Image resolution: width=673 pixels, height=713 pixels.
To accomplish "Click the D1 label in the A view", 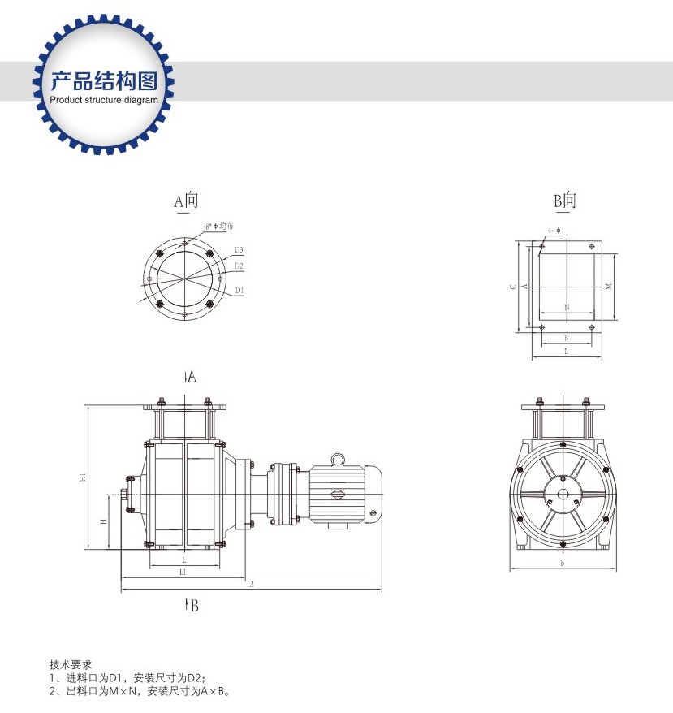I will tap(239, 290).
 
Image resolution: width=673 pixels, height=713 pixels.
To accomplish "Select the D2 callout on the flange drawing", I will tap(239, 266).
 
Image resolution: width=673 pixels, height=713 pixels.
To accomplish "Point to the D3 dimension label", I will tap(239, 249).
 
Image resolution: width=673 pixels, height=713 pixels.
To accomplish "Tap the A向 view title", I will tap(186, 201).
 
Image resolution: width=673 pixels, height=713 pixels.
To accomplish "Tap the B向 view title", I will tap(565, 201).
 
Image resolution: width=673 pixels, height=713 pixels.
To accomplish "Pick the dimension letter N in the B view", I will tap(566, 307).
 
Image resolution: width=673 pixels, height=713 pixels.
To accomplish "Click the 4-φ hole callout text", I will tap(554, 231).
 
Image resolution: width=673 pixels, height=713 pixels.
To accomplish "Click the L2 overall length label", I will tap(250, 584).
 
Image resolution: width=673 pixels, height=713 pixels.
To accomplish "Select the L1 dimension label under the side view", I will tap(183, 573).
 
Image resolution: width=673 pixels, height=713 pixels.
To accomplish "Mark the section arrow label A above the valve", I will tap(192, 376).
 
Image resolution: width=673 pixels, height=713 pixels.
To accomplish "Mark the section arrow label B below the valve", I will tap(192, 605).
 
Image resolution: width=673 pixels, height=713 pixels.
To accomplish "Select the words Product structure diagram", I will tap(104, 100).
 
